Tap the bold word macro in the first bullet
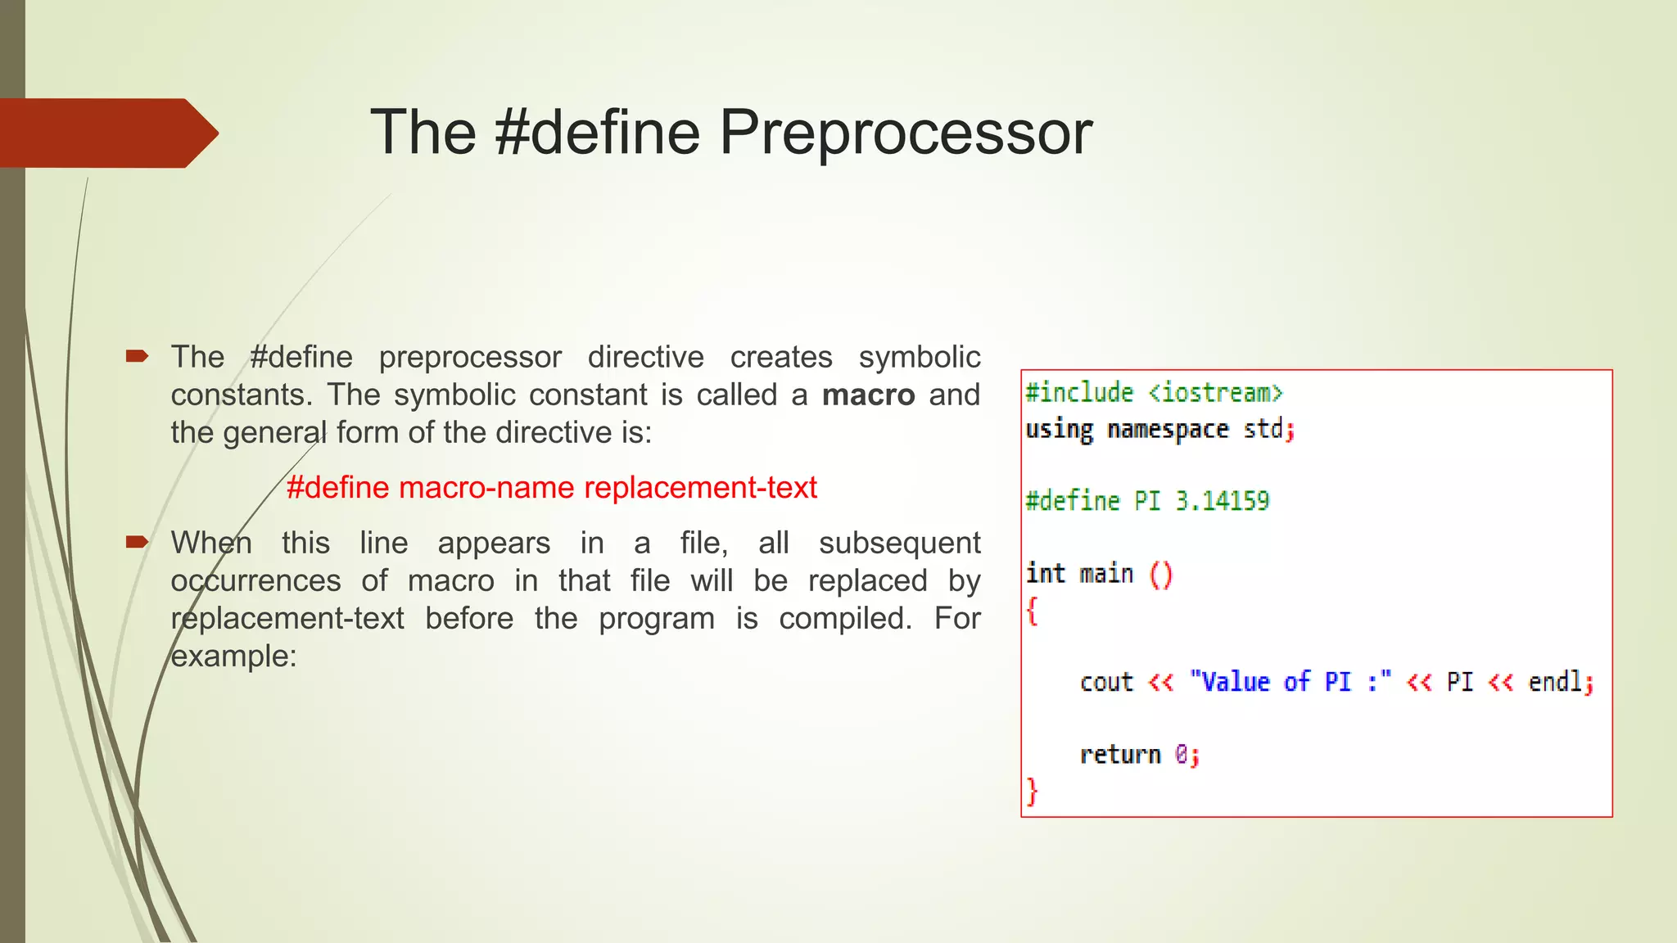868,395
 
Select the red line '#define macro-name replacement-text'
551,488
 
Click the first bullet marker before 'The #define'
136,356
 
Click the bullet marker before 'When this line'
136,542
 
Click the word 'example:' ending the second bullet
233,656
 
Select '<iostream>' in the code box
1215,393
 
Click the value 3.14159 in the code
1223,501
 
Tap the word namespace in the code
1168,430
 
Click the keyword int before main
1046,573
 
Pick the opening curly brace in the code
1033,611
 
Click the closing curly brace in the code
1033,792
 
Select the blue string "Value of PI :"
1291,682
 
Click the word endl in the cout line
1555,682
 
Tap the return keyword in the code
1120,754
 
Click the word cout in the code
1106,682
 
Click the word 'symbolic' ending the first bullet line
920,358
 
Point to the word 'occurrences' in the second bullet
255,581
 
